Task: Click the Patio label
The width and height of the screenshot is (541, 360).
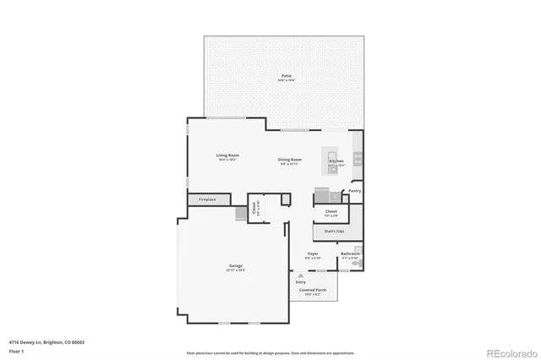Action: (287, 76)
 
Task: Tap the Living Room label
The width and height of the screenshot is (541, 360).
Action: (227, 155)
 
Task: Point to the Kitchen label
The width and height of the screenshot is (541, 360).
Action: (336, 161)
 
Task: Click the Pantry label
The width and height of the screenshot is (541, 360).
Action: (355, 191)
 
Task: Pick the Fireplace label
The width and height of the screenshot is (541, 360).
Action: (207, 199)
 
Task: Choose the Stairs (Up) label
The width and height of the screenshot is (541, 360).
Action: (329, 231)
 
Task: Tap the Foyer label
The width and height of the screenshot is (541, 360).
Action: (313, 254)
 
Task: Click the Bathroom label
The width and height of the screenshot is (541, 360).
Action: (350, 254)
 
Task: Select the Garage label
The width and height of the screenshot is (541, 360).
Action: (236, 266)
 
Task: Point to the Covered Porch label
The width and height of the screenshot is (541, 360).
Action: (313, 290)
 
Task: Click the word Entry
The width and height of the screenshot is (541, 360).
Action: (301, 281)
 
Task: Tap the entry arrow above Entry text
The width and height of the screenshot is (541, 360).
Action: (301, 274)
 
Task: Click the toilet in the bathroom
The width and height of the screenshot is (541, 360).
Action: (358, 264)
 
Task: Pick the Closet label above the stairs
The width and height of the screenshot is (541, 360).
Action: (331, 211)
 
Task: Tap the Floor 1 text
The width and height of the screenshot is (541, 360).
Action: (17, 350)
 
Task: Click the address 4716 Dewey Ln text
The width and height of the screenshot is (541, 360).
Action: (46, 342)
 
